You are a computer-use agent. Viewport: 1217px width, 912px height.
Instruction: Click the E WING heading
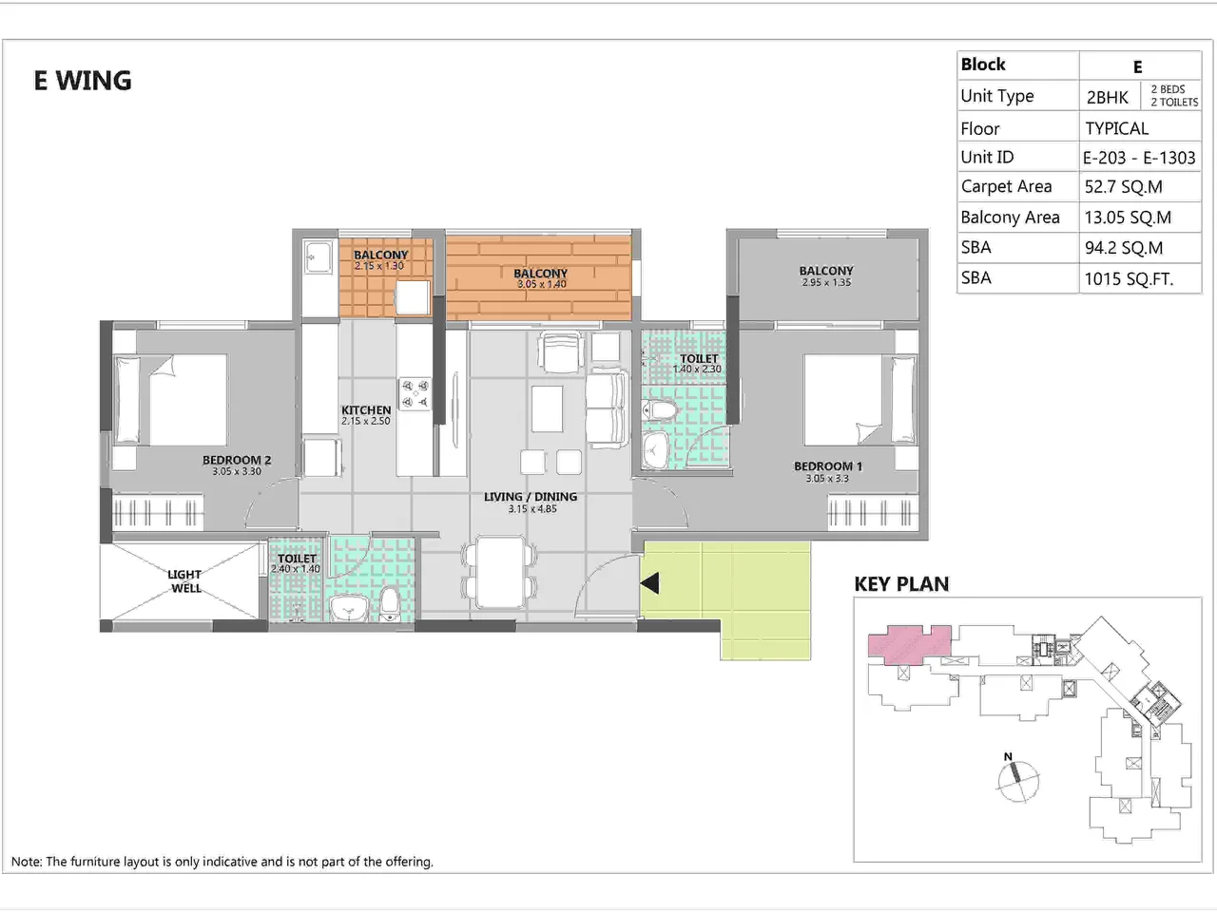pyautogui.click(x=83, y=81)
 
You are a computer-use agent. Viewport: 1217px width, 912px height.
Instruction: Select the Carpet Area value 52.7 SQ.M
pyautogui.click(x=1123, y=187)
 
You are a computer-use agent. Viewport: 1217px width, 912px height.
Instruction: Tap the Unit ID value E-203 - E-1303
pyautogui.click(x=1138, y=158)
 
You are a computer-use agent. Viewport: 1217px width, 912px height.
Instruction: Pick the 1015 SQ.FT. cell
pyautogui.click(x=1129, y=279)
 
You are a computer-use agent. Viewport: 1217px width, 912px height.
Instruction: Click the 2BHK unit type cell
pyautogui.click(x=1108, y=97)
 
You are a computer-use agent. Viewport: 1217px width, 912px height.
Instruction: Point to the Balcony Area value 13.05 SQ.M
pyautogui.click(x=1128, y=218)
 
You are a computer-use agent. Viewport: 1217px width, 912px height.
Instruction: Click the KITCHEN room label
pyautogui.click(x=366, y=410)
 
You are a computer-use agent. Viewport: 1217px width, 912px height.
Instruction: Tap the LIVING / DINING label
pyautogui.click(x=531, y=497)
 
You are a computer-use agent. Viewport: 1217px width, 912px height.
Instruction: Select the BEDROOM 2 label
pyautogui.click(x=237, y=460)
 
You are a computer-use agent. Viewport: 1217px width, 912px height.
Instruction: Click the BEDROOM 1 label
pyautogui.click(x=828, y=466)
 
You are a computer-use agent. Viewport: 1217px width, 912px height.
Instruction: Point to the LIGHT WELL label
pyautogui.click(x=184, y=581)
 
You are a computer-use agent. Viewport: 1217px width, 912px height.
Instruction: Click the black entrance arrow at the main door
pyautogui.click(x=650, y=582)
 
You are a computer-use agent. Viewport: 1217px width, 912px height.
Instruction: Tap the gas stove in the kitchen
pyautogui.click(x=415, y=394)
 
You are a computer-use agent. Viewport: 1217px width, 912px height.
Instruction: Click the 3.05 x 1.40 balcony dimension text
pyautogui.click(x=541, y=284)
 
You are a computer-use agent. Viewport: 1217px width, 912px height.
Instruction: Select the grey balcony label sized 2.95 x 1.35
pyautogui.click(x=826, y=272)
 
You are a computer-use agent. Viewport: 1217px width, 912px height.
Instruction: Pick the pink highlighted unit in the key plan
pyautogui.click(x=908, y=645)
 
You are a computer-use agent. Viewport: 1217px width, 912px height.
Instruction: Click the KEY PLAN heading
pyautogui.click(x=901, y=584)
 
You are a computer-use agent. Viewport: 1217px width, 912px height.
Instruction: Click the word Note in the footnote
pyautogui.click(x=27, y=862)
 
